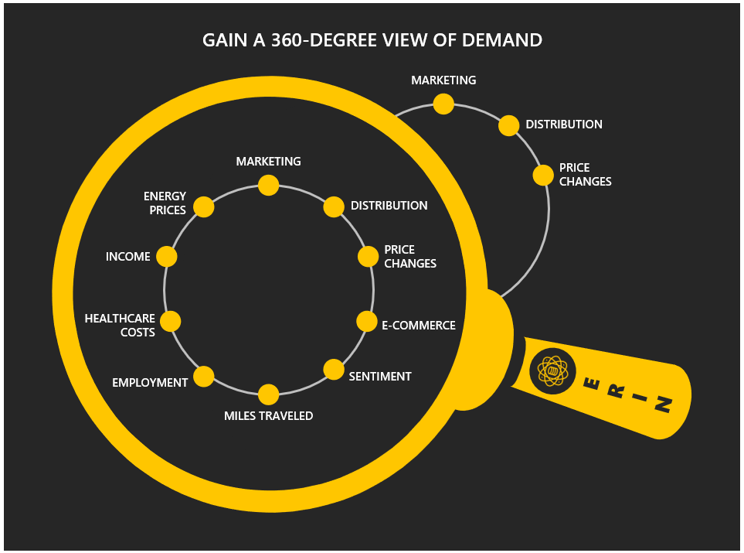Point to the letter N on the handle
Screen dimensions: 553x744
point(663,404)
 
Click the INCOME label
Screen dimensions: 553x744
point(128,257)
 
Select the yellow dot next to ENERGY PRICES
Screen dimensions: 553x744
point(203,207)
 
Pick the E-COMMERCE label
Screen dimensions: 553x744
point(419,326)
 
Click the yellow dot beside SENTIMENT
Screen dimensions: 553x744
point(334,370)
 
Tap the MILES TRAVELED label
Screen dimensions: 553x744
point(268,416)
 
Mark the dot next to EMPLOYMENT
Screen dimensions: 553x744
point(203,377)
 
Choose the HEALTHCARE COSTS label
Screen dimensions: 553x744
point(120,326)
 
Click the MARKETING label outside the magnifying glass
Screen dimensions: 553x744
point(443,80)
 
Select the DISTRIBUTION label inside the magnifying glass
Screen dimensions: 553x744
point(389,206)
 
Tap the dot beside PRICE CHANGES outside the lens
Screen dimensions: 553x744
point(543,175)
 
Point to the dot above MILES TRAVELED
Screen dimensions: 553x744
point(268,394)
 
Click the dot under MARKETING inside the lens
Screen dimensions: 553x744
point(268,185)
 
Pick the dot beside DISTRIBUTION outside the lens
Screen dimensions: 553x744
point(508,125)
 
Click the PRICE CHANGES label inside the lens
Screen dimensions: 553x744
point(410,257)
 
